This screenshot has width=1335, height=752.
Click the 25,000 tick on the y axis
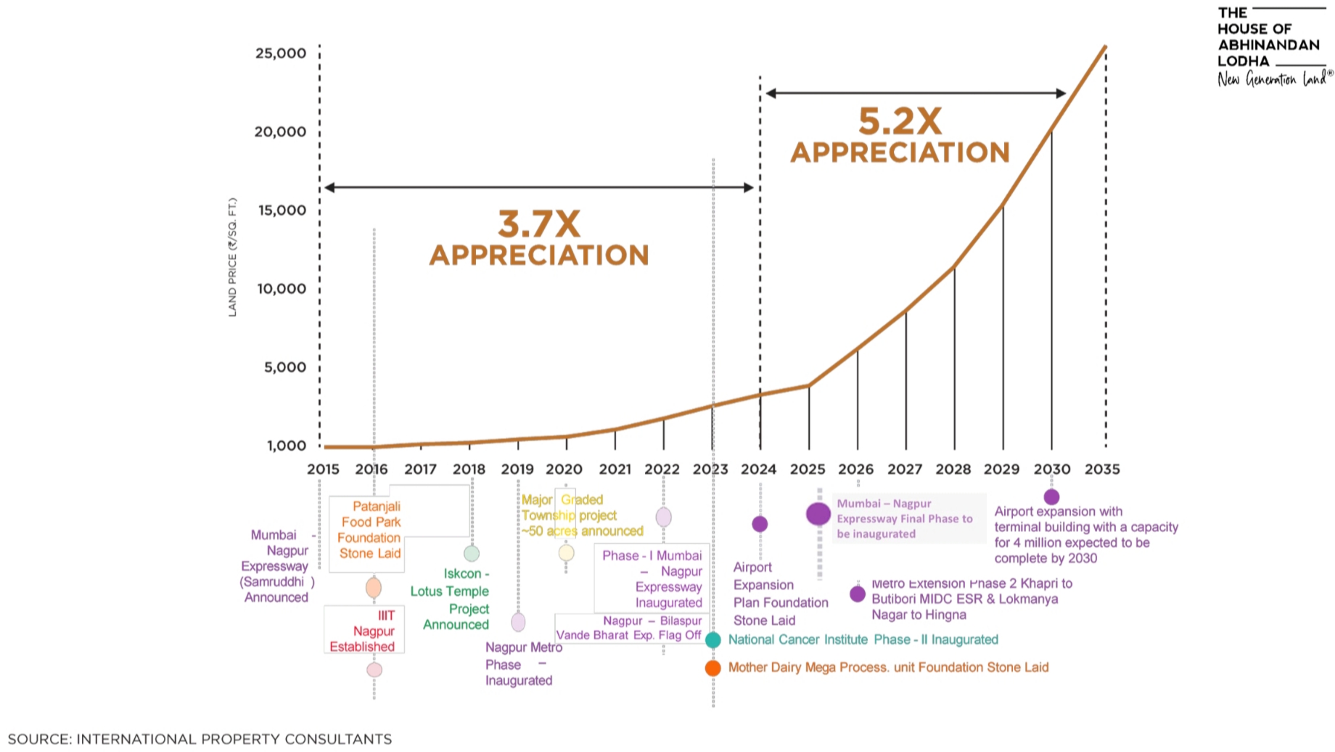click(280, 53)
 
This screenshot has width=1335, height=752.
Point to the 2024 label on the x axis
click(758, 469)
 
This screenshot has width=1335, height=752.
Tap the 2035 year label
click(1101, 469)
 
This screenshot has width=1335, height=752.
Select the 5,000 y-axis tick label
click(284, 367)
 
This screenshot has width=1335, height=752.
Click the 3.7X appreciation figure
click(538, 224)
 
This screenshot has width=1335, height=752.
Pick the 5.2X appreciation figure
click(900, 121)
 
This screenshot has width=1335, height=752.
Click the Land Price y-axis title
click(232, 257)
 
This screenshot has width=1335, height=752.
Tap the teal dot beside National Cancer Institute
click(713, 639)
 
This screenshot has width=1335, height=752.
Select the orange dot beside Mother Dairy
click(713, 668)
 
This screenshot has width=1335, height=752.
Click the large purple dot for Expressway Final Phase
click(818, 514)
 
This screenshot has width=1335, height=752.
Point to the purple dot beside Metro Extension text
click(857, 594)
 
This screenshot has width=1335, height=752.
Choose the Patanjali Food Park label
click(370, 530)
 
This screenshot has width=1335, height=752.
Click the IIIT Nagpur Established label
click(363, 631)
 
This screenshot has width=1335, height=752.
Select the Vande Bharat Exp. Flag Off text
click(628, 635)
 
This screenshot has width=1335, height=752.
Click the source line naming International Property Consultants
click(200, 739)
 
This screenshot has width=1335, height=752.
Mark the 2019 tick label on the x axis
click(517, 469)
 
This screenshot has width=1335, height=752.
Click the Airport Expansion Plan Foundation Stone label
click(780, 594)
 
